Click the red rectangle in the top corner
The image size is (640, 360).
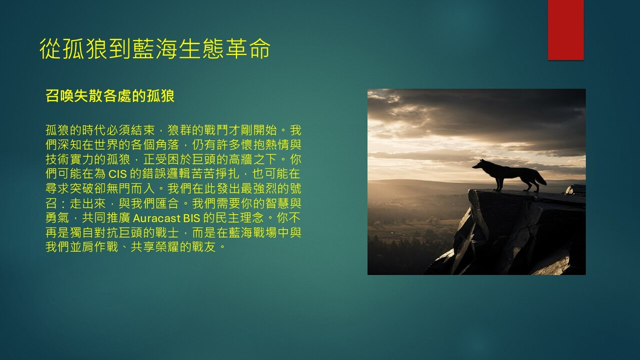[565, 30]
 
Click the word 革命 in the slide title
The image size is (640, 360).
[247, 48]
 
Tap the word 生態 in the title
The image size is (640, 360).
[201, 48]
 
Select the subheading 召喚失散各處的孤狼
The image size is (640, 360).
[110, 95]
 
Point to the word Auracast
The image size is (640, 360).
[157, 218]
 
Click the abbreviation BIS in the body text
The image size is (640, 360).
[191, 218]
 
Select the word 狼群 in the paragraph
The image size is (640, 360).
[179, 130]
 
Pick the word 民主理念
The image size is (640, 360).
[240, 218]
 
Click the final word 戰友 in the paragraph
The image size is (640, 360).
[204, 247]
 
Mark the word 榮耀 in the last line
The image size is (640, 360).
[167, 247]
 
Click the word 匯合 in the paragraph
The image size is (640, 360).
[167, 203]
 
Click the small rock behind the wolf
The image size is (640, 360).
[575, 189]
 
